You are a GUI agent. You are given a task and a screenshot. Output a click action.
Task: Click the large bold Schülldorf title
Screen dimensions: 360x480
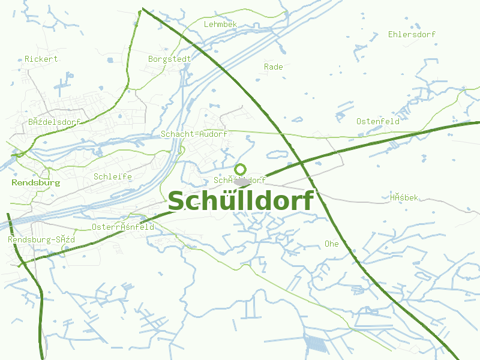click(241, 202)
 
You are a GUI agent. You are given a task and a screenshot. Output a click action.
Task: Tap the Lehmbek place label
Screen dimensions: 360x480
click(221, 25)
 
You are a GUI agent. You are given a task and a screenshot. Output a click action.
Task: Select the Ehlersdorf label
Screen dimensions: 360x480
click(412, 35)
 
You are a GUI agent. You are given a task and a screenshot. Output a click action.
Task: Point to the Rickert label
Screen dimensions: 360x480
click(41, 59)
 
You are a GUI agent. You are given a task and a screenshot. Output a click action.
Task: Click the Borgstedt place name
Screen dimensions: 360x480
click(170, 59)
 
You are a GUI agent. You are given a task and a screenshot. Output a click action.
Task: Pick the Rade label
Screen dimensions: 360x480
click(273, 67)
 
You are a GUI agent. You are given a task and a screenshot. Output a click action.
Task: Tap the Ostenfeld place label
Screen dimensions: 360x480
click(378, 122)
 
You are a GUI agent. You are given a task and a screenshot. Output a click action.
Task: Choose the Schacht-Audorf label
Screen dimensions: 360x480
click(194, 134)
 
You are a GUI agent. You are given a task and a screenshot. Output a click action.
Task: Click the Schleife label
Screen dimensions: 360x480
click(113, 177)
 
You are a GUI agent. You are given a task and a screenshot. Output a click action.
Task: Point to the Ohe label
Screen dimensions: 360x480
click(331, 244)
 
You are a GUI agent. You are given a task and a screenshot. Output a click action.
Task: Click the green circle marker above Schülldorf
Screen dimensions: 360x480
click(241, 169)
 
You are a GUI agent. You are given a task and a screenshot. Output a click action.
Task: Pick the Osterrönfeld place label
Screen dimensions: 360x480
click(123, 227)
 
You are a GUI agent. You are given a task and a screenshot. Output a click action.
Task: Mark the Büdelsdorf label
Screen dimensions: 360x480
click(54, 122)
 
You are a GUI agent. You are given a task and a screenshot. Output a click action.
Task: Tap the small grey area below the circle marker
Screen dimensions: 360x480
click(242, 182)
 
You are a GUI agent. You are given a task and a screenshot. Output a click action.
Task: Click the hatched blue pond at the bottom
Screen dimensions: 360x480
click(315, 343)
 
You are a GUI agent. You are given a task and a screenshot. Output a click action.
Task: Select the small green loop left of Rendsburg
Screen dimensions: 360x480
click(19, 154)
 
